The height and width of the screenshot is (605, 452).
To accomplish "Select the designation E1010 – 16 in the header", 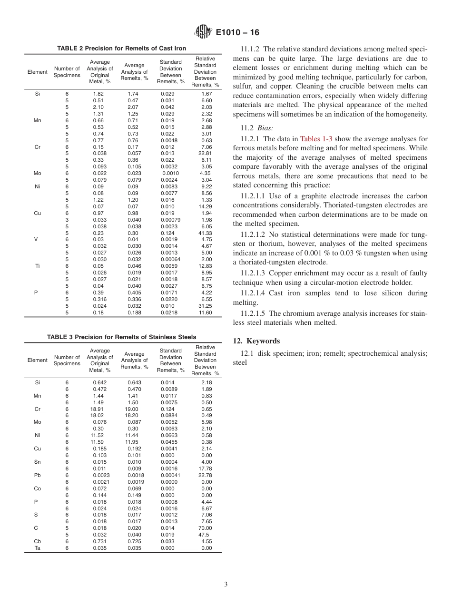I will coord(237,33).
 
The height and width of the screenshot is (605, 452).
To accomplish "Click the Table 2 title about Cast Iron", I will coord(121,49).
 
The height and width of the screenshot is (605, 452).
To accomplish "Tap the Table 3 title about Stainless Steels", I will coord(121,337).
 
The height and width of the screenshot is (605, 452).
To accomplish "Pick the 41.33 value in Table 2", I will coord(205,233).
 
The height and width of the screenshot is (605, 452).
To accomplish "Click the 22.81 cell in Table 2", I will coord(205,154).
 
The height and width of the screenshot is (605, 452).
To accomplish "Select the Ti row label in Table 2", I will coord(38,266).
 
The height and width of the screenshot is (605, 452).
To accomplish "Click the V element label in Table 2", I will coord(36,240).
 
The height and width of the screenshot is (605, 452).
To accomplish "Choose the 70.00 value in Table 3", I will coord(205,528).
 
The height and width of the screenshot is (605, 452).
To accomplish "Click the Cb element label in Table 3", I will coord(38,541).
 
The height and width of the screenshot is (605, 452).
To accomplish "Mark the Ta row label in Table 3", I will coord(38,548).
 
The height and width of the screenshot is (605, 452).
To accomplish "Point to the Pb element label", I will coord(38,475).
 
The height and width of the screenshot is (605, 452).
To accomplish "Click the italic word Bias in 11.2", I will coord(266,128).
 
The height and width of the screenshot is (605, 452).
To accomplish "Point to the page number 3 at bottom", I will coord(226,585).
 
